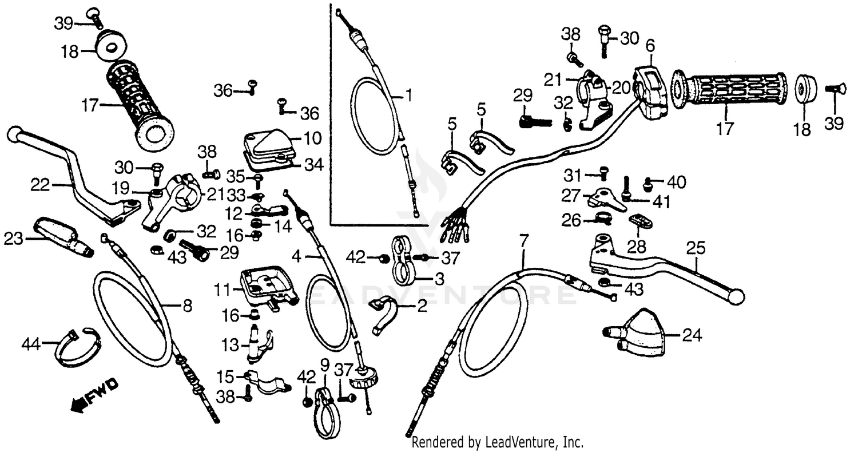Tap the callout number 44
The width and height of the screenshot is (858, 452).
(31, 344)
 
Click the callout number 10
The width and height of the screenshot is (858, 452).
(313, 138)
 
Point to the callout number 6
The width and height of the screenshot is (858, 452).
(650, 45)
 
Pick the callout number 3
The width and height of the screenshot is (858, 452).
(439, 280)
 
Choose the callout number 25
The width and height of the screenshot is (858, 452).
(696, 249)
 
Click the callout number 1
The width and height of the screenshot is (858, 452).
(408, 95)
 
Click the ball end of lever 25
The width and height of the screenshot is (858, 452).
(736, 296)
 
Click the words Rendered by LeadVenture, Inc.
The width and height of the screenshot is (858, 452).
(498, 442)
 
